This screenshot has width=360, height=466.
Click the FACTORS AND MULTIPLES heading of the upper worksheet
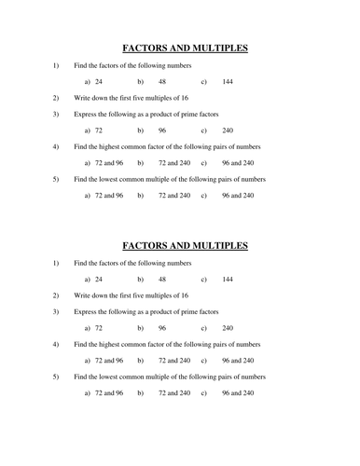click(x=186, y=48)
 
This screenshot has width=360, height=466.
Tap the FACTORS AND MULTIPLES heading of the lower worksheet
click(x=186, y=246)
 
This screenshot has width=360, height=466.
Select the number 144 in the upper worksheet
click(x=228, y=82)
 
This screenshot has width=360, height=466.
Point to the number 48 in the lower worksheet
click(x=162, y=280)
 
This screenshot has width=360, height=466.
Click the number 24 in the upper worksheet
click(x=99, y=82)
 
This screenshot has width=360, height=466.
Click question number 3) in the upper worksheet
click(x=55, y=114)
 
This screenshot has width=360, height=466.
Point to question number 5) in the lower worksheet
click(x=55, y=377)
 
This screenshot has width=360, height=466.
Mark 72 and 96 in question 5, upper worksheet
click(x=109, y=196)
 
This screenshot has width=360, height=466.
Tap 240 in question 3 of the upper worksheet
click(x=228, y=130)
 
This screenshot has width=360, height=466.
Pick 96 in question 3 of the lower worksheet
click(x=162, y=328)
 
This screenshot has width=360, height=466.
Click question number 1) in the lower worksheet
click(x=55, y=263)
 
